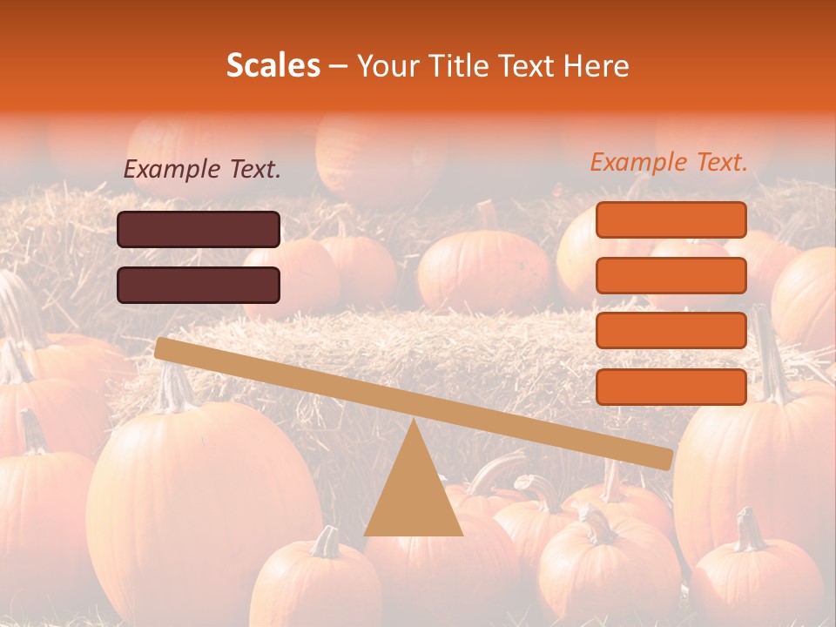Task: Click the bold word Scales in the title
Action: click(273, 66)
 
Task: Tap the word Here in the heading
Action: click(597, 66)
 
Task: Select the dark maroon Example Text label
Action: click(202, 170)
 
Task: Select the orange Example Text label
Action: click(669, 162)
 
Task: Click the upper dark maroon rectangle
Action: click(199, 229)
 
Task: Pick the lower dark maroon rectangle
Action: click(199, 285)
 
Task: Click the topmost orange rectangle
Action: click(671, 219)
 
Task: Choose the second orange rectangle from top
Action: click(671, 275)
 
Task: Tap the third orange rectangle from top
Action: click(671, 331)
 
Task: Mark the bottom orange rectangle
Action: click(671, 387)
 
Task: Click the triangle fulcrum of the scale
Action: click(413, 492)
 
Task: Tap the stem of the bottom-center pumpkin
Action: click(327, 542)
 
